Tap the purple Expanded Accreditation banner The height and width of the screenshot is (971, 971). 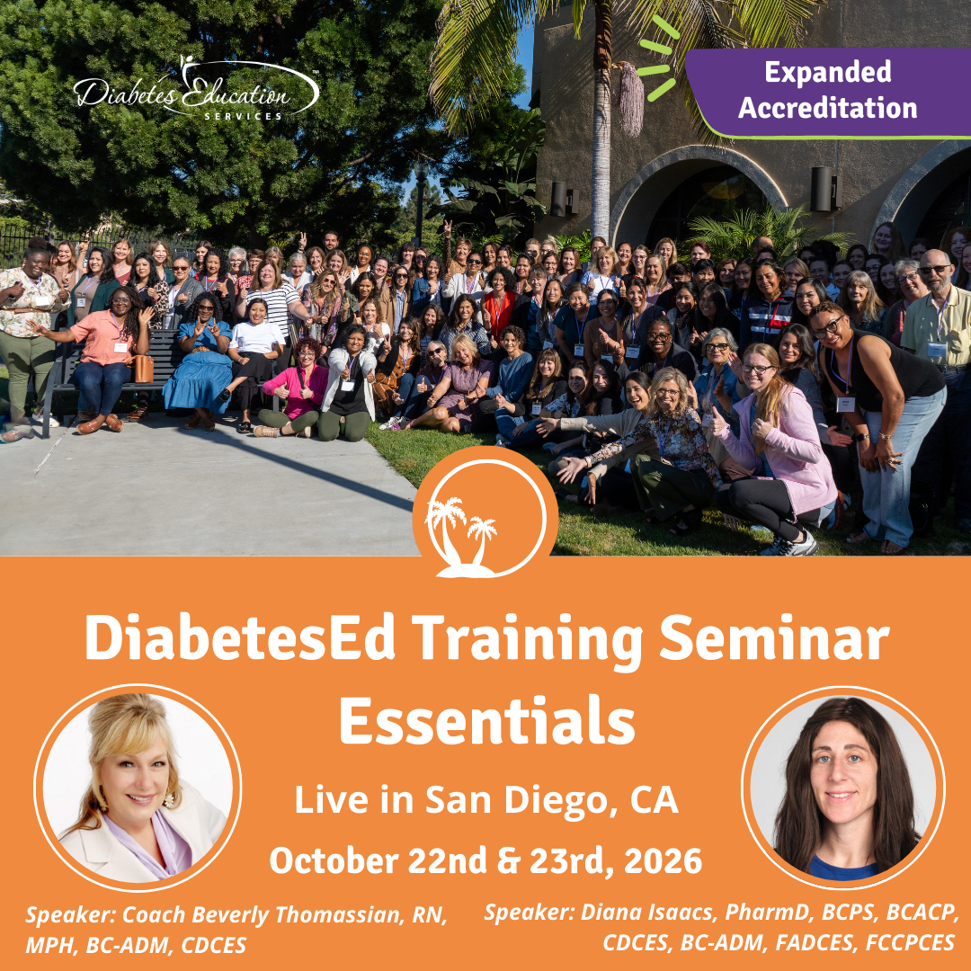pyautogui.click(x=828, y=91)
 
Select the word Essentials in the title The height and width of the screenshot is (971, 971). pyautogui.click(x=486, y=722)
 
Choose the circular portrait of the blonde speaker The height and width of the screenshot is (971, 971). pyautogui.click(x=138, y=788)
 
